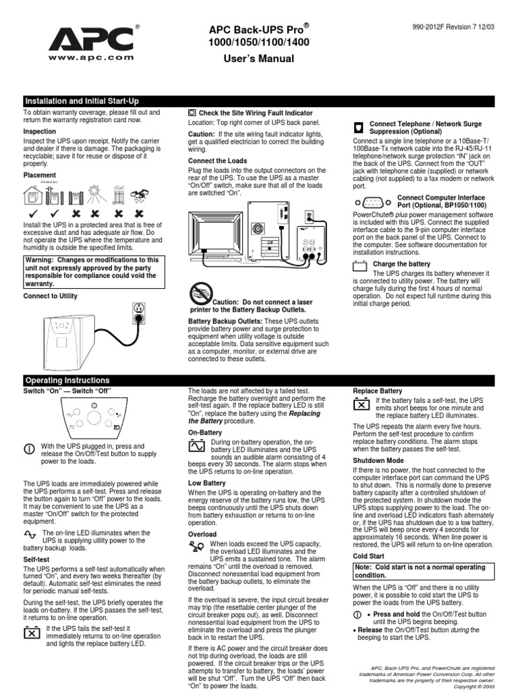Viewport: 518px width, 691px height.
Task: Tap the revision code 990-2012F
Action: pyautogui.click(x=434, y=28)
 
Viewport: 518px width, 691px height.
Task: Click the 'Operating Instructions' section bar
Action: pyautogui.click(x=67, y=381)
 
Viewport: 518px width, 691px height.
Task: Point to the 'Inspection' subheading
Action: pyautogui.click(x=40, y=131)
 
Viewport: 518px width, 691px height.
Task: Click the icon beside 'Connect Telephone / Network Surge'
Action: pyautogui.click(x=359, y=127)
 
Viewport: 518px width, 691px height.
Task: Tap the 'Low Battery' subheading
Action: pyautogui.click(x=206, y=483)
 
